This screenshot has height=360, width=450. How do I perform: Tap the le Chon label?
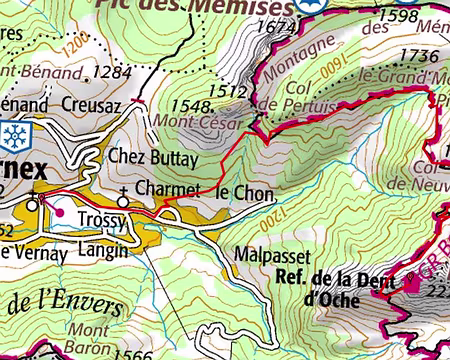239,192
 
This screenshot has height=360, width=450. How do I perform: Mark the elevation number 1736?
418,56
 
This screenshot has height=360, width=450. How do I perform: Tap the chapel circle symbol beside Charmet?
122,201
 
